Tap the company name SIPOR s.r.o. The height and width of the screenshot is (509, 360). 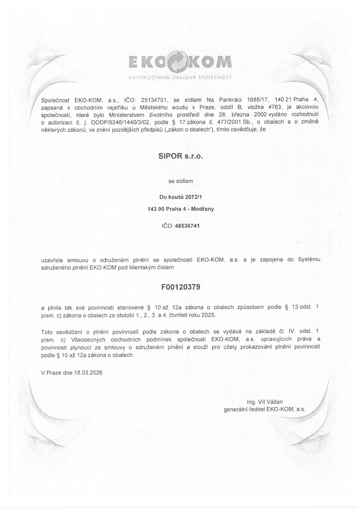click(x=180, y=157)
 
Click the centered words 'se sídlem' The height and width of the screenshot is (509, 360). click(x=180, y=181)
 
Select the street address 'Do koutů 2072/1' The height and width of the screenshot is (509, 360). click(x=180, y=197)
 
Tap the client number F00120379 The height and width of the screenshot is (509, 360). click(x=180, y=287)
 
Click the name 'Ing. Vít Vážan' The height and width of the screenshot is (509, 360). click(x=265, y=402)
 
